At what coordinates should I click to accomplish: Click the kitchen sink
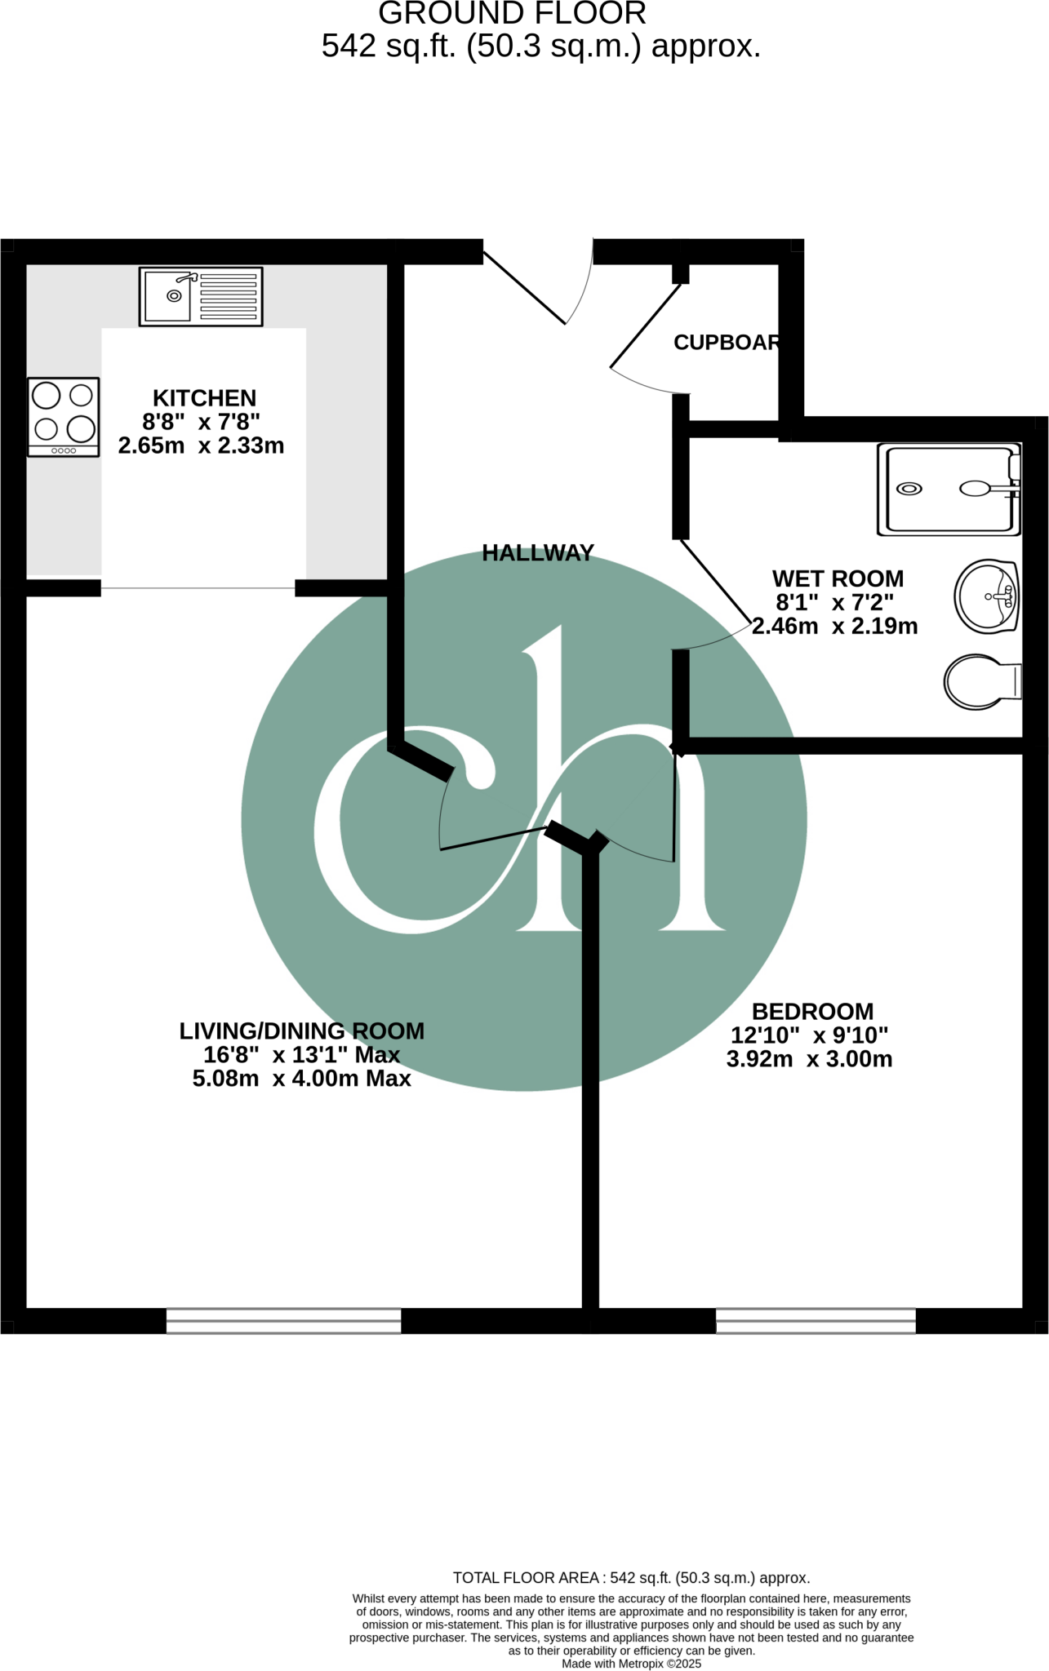pyautogui.click(x=201, y=296)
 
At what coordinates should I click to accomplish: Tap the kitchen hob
pyautogui.click(x=64, y=416)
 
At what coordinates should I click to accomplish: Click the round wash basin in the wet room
pyautogui.click(x=987, y=596)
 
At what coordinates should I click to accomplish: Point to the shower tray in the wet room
pyautogui.click(x=949, y=490)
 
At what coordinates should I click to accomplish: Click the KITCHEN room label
pyautogui.click(x=205, y=398)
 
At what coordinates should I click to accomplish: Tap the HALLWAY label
pyautogui.click(x=538, y=553)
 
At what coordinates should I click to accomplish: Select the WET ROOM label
pyautogui.click(x=838, y=578)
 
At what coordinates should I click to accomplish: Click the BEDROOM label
pyautogui.click(x=812, y=1012)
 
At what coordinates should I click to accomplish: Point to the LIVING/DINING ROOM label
pyautogui.click(x=302, y=1031)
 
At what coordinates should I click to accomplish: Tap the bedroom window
pyautogui.click(x=816, y=1321)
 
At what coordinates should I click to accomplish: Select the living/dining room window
pyautogui.click(x=283, y=1321)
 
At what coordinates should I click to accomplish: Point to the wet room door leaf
pyautogui.click(x=715, y=580)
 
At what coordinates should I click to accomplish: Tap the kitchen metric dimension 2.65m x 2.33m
pyautogui.click(x=202, y=446)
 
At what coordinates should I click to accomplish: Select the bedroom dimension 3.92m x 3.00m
pyautogui.click(x=809, y=1060)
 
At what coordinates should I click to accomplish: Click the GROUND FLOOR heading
pyautogui.click(x=513, y=14)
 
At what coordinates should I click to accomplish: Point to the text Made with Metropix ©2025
pyautogui.click(x=631, y=1664)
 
